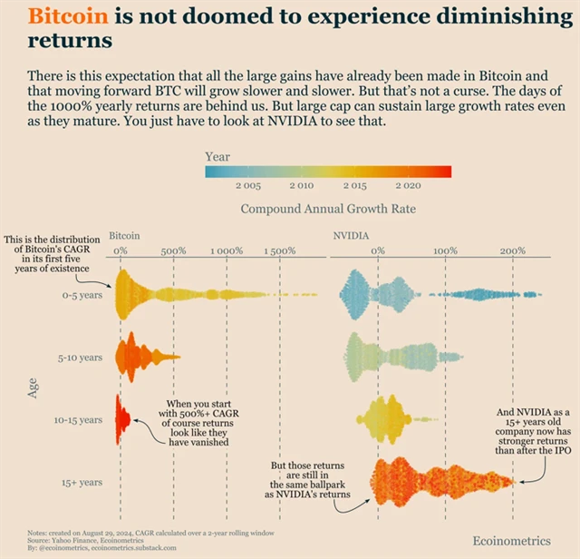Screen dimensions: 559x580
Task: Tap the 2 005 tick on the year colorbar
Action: click(249, 185)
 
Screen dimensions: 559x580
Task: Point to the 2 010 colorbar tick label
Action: click(301, 185)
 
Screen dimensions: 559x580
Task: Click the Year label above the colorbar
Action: click(217, 157)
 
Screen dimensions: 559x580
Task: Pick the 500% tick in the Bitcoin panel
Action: click(173, 250)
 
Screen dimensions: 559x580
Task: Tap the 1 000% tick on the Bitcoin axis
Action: click(227, 250)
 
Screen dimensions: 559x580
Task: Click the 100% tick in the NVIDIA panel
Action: click(445, 250)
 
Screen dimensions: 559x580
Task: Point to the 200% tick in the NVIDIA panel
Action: click(513, 250)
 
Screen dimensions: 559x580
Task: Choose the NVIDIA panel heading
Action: click(351, 234)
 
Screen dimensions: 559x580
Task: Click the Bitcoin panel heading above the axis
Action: click(124, 234)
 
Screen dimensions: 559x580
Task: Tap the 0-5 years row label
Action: click(80, 295)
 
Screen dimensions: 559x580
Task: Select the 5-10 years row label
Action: click(79, 358)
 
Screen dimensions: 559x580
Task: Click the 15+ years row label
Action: click(81, 483)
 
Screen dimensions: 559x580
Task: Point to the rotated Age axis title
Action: click(33, 388)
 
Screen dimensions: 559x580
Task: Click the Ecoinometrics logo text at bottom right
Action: click(511, 541)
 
